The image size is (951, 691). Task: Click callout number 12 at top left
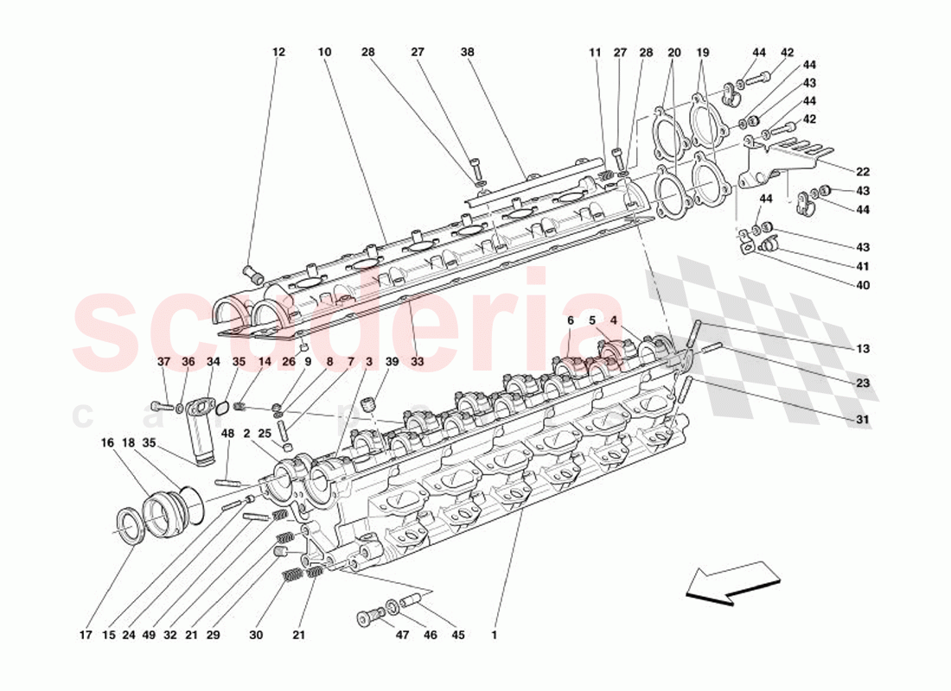(278, 53)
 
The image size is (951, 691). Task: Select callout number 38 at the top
(468, 53)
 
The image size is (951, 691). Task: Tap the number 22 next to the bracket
(864, 172)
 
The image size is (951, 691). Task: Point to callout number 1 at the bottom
(494, 636)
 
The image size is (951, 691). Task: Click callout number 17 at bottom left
(86, 636)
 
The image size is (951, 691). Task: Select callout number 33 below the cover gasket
(418, 363)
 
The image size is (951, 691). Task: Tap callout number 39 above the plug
(393, 363)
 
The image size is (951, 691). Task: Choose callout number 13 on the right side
(864, 350)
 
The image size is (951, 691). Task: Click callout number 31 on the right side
(864, 421)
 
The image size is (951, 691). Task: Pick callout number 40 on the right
(864, 286)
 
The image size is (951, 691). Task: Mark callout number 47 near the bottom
(402, 636)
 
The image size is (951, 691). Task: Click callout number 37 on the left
(163, 363)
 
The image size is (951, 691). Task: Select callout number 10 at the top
(324, 53)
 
